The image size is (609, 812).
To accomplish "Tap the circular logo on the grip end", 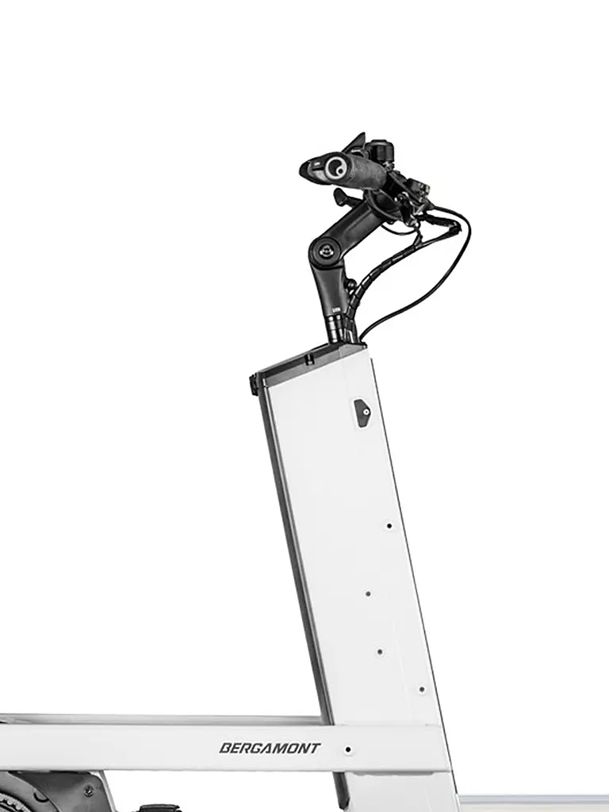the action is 335,167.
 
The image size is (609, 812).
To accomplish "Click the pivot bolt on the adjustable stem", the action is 324,251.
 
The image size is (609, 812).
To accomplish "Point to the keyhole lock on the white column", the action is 362,412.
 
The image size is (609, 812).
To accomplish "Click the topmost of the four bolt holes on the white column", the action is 389,527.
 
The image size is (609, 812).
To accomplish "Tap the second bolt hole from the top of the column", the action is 368,593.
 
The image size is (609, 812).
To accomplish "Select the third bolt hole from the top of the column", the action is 380,652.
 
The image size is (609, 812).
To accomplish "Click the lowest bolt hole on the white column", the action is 422,689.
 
